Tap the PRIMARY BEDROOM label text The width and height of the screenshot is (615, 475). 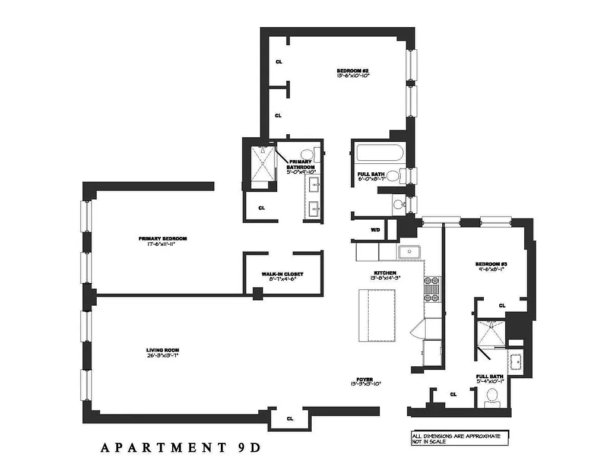[x=163, y=239]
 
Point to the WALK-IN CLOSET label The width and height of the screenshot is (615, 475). [x=283, y=274]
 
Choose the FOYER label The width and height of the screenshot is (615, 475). [x=364, y=379]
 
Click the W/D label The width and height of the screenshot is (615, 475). [x=375, y=230]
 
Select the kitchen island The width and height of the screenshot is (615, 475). [x=377, y=315]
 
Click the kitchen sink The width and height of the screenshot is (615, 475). [x=408, y=252]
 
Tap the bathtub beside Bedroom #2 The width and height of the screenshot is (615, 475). [x=380, y=154]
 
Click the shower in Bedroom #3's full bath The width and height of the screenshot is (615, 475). [x=491, y=335]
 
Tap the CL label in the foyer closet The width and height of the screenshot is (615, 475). [x=290, y=419]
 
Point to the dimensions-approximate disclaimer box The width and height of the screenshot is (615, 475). [x=460, y=439]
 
